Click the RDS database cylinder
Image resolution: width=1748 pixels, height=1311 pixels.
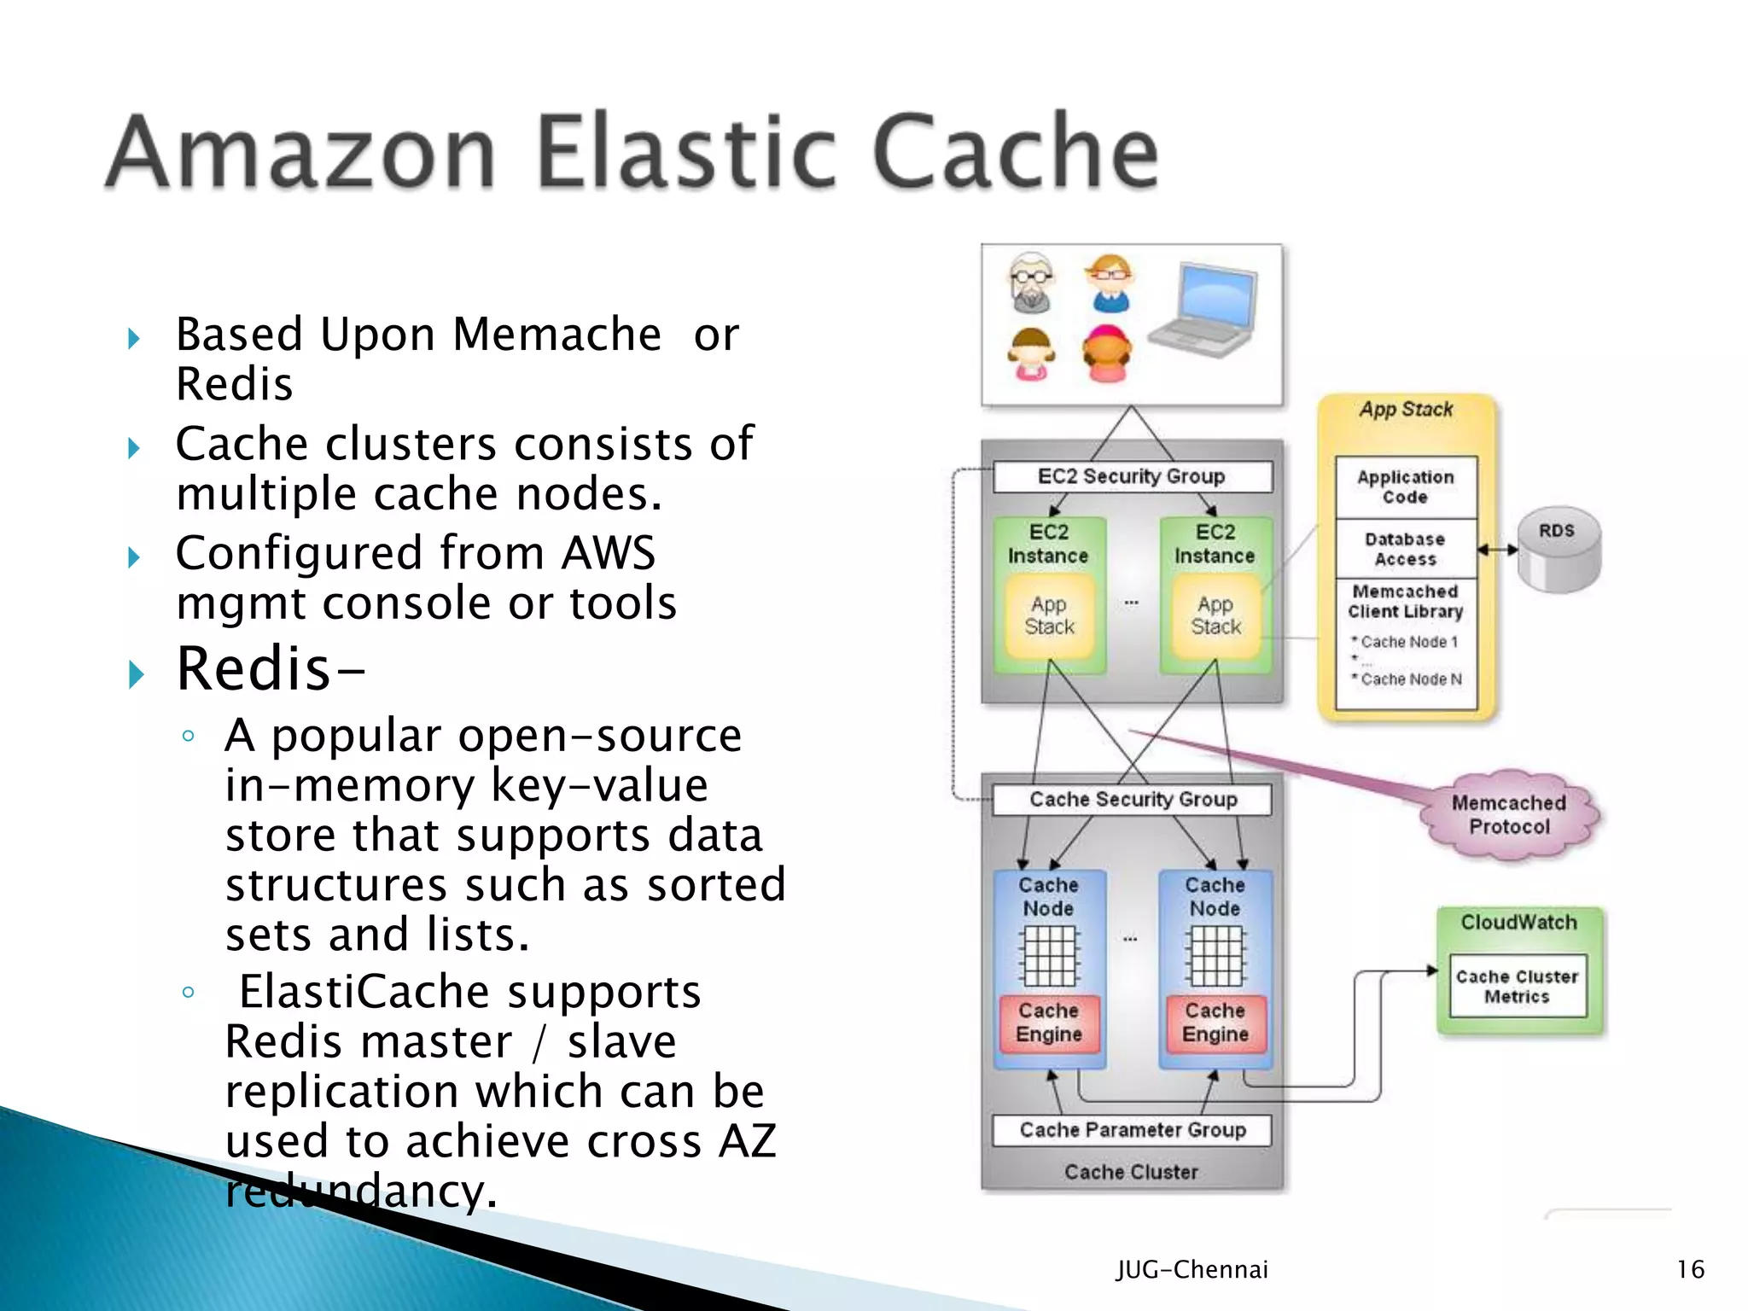1559,551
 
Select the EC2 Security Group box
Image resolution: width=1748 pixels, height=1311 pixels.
1132,476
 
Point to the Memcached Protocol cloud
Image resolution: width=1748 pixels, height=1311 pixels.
1509,815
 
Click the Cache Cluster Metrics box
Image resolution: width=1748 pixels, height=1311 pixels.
1518,987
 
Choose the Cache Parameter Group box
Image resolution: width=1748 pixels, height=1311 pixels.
1132,1130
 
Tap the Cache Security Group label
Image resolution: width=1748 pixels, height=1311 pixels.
1132,800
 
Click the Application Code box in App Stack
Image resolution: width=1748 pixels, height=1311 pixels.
1405,487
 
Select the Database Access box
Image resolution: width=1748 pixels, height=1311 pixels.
1405,549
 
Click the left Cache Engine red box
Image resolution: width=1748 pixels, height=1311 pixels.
1049,1023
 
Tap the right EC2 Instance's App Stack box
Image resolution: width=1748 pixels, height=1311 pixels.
1215,616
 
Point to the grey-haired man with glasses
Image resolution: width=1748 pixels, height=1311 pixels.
1031,282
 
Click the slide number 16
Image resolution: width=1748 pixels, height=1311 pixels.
1690,1269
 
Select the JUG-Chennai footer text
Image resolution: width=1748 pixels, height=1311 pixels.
1192,1269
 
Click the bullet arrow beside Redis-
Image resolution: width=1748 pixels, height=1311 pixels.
135,674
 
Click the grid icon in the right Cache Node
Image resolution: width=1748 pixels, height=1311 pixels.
1215,956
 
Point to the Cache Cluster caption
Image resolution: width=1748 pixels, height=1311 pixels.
1132,1172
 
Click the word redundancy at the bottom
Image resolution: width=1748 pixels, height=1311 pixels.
358,1192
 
